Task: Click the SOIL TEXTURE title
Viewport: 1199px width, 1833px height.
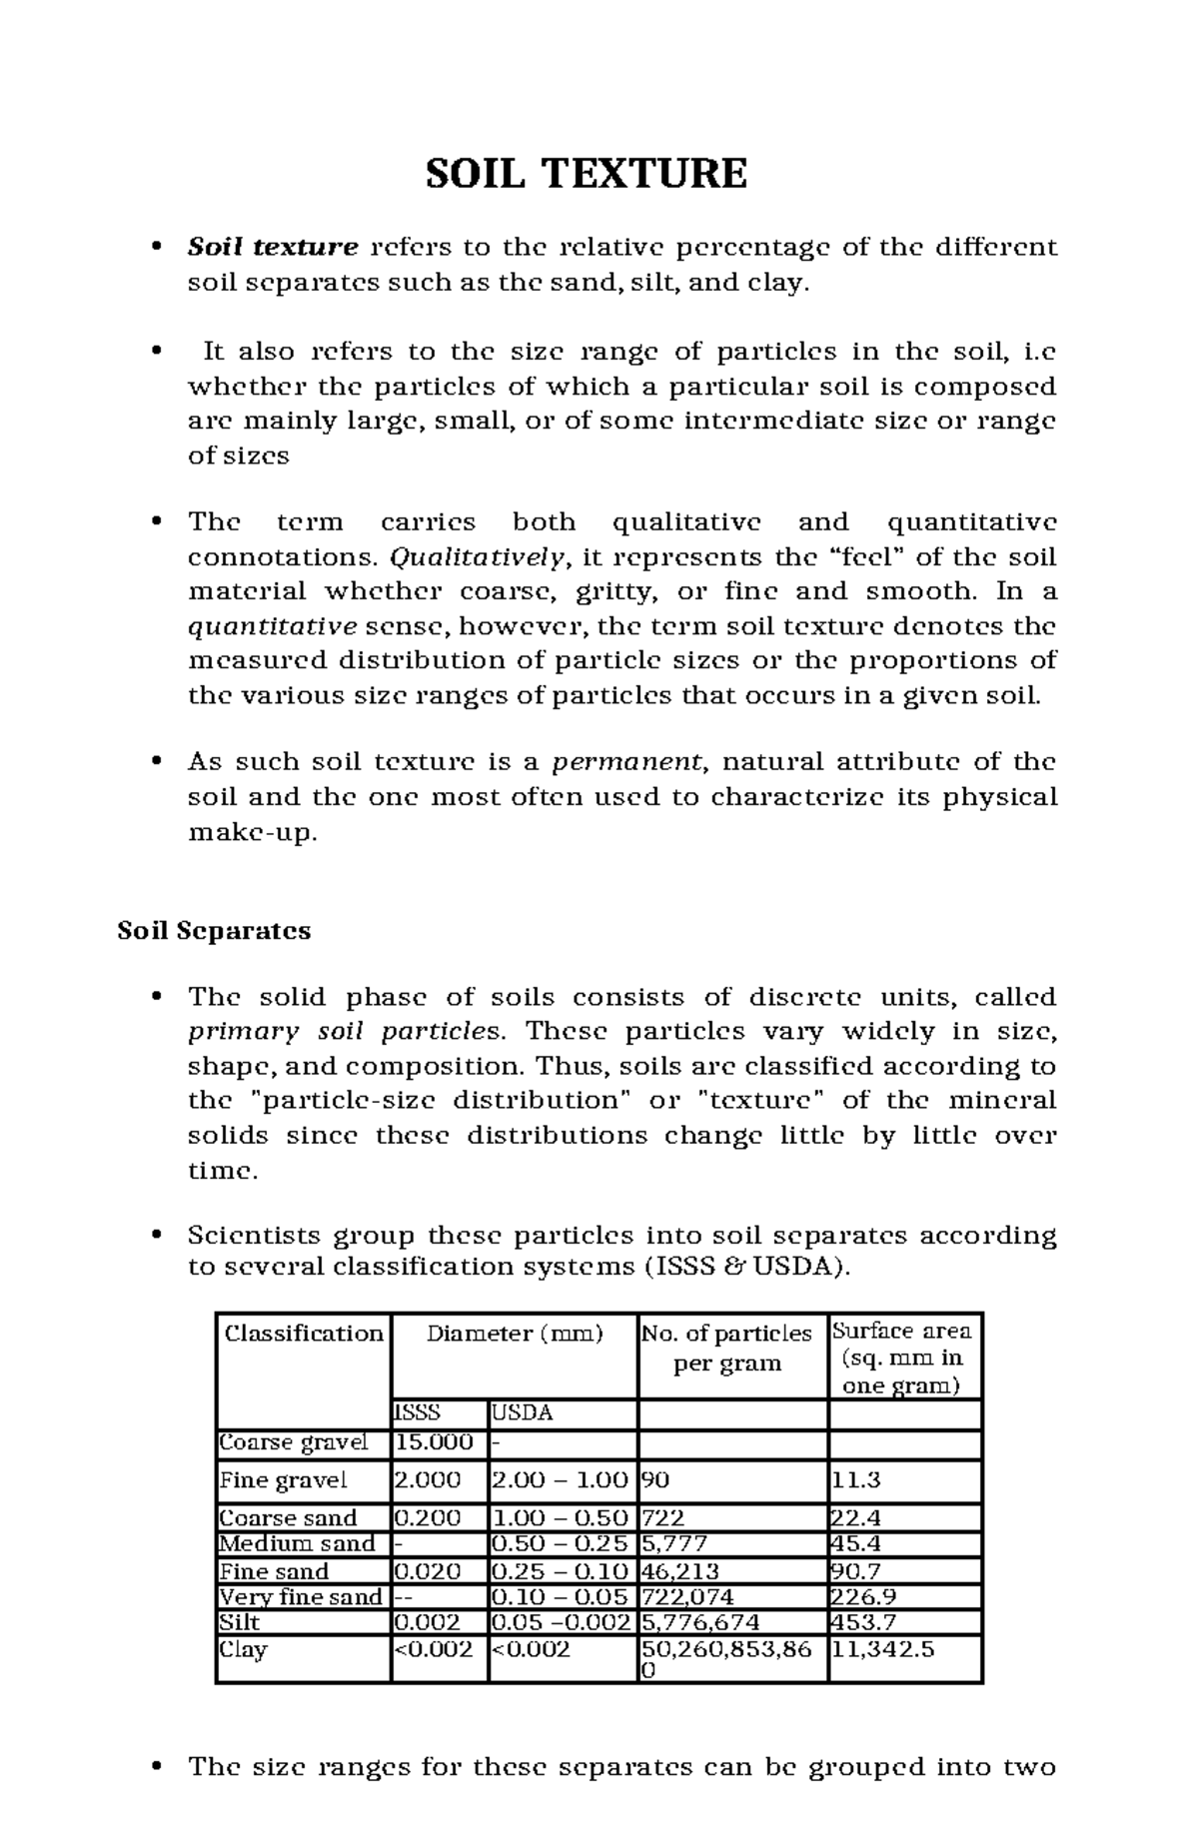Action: pyautogui.click(x=587, y=174)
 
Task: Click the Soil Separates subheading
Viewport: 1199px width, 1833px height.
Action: pyautogui.click(x=214, y=931)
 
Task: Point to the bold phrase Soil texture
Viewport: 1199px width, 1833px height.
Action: pyautogui.click(x=273, y=247)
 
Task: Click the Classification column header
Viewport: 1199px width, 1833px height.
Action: pyautogui.click(x=304, y=1334)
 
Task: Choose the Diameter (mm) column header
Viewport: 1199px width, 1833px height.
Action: pyautogui.click(x=515, y=1334)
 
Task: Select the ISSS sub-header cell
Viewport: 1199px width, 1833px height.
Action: pyautogui.click(x=418, y=1412)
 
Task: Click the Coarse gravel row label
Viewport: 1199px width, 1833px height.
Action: pyautogui.click(x=294, y=1441)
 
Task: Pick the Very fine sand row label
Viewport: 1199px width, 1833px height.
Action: pyautogui.click(x=301, y=1596)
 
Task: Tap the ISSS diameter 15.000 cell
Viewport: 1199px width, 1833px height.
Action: pyautogui.click(x=435, y=1441)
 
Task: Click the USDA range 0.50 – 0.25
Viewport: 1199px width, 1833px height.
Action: pyautogui.click(x=561, y=1543)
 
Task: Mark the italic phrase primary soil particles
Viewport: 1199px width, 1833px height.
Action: pyautogui.click(x=349, y=1031)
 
